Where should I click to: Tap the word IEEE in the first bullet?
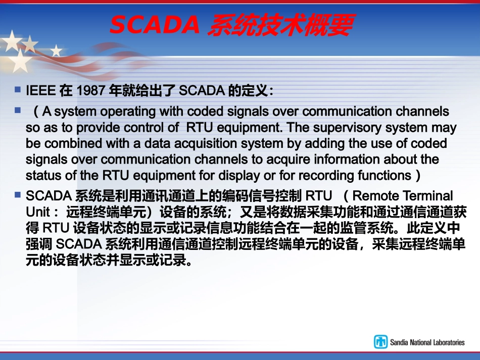pos(40,91)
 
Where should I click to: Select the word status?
pos(39,176)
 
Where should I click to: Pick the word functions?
pos(388,176)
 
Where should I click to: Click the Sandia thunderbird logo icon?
pos(380,342)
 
